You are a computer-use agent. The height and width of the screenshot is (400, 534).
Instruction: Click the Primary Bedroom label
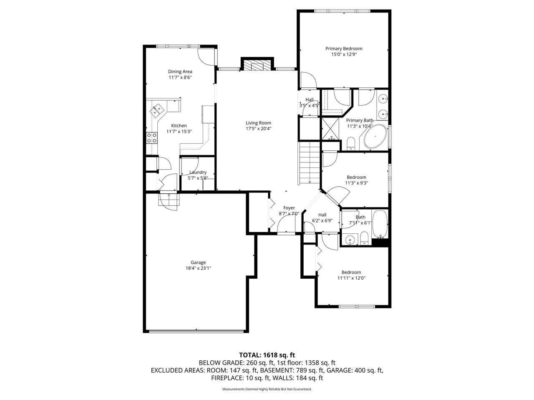click(344, 49)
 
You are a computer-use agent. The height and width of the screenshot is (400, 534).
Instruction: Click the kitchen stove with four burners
click(152, 138)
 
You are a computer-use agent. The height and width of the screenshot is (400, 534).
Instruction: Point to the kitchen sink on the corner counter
click(158, 110)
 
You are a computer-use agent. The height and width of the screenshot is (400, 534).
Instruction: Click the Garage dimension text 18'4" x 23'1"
click(198, 268)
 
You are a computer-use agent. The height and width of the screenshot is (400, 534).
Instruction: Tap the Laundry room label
click(198, 172)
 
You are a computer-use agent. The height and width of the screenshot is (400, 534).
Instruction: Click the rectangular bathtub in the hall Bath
click(380, 224)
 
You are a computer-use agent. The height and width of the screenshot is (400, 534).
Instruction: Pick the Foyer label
click(289, 207)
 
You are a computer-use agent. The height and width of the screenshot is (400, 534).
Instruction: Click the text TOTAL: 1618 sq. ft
click(267, 355)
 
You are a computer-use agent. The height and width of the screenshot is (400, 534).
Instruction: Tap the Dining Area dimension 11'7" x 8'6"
click(180, 77)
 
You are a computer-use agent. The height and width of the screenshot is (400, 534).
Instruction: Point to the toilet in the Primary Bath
click(350, 144)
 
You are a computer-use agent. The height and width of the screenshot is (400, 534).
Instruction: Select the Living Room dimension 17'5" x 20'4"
click(258, 129)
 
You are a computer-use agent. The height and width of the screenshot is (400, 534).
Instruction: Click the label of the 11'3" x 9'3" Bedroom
click(356, 177)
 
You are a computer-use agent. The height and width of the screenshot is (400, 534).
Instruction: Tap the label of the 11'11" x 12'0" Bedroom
click(351, 272)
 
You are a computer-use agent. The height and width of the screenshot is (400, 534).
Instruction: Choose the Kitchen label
click(179, 125)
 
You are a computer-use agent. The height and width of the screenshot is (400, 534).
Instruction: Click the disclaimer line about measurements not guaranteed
click(267, 389)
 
